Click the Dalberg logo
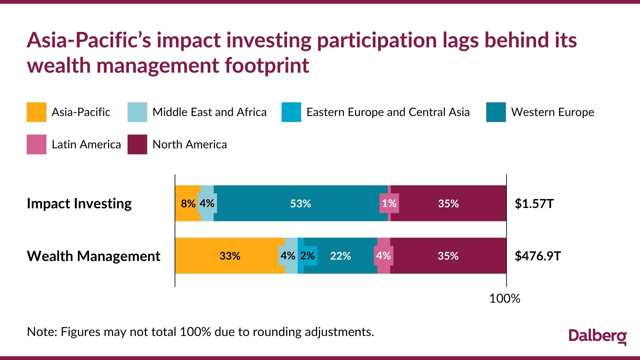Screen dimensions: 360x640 coord(597,337)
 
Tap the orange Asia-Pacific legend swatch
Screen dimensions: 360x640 coord(36,112)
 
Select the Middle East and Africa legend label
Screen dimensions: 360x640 coord(209,112)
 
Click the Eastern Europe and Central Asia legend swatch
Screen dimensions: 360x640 coord(291,112)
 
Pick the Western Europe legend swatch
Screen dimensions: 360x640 coord(496,112)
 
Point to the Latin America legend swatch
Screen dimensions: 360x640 coord(36,144)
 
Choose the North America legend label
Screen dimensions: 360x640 coord(189,144)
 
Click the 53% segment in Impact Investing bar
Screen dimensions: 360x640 coord(300,203)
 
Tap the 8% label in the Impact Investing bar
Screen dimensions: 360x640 coord(188,203)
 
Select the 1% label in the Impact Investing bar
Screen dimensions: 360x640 coord(389,203)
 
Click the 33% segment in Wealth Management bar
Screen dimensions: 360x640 coord(230,256)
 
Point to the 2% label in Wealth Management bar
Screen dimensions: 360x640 coord(307,256)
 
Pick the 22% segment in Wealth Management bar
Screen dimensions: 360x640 coord(340,256)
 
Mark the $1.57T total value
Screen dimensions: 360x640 coord(534,203)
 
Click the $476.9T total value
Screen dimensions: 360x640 coord(538,256)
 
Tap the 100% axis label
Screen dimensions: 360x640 coord(504,298)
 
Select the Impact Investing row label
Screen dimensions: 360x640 coord(79,203)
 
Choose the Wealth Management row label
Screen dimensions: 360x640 coord(93,256)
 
